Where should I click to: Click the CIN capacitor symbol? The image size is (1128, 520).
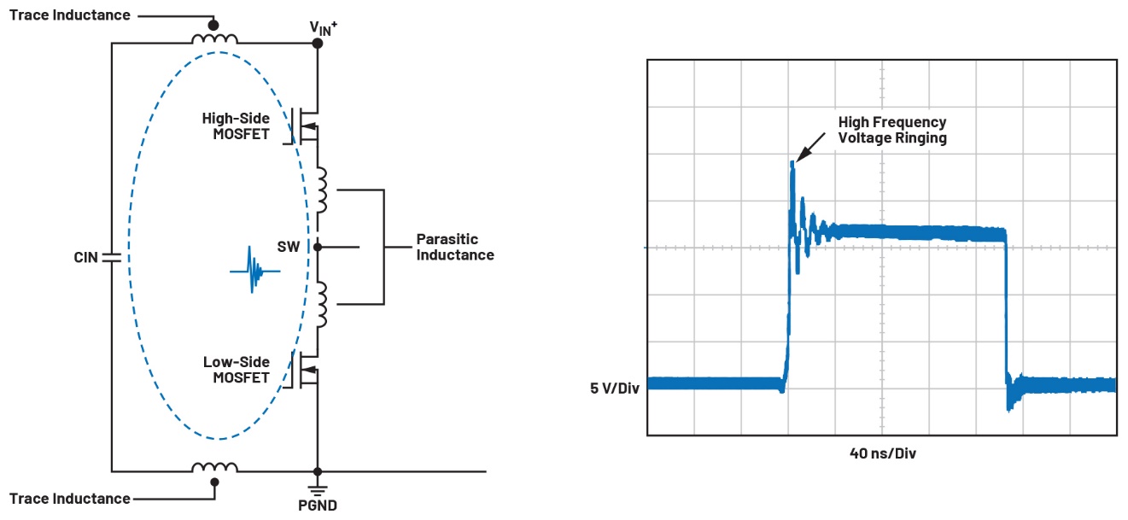[111, 256]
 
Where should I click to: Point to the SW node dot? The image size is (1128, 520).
[318, 247]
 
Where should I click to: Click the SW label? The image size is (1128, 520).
[289, 247]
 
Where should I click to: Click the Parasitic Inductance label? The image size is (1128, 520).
[455, 247]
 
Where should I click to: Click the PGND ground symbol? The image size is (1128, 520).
[318, 488]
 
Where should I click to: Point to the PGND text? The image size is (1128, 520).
[318, 505]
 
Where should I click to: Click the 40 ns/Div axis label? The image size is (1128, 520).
[882, 453]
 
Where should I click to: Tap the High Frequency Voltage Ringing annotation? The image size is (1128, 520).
[892, 130]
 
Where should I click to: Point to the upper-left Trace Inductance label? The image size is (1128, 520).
[70, 15]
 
